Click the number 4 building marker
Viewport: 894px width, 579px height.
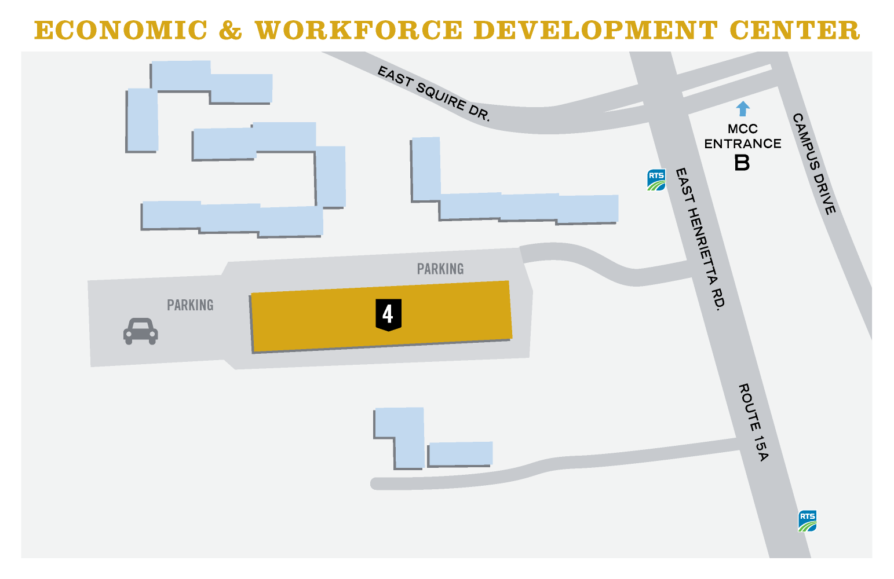coord(388,314)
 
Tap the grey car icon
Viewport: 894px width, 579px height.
coord(140,331)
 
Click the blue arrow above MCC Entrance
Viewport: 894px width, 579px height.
coord(742,108)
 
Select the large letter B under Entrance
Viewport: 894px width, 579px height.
coord(742,163)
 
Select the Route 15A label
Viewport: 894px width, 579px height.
coord(753,422)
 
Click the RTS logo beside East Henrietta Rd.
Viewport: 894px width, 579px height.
coord(656,179)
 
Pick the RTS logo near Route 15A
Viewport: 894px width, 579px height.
coord(807,521)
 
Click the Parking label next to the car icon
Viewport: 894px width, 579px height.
coord(190,305)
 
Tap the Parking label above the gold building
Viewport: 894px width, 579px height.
coord(440,269)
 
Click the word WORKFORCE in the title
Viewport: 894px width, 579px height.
coord(359,30)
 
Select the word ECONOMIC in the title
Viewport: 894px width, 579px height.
coord(121,30)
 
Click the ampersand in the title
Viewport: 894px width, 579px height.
coord(231,30)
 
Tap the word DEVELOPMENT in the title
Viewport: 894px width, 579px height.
coord(595,30)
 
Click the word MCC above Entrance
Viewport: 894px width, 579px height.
coord(742,129)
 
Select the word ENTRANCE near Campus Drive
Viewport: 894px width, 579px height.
coord(743,144)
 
